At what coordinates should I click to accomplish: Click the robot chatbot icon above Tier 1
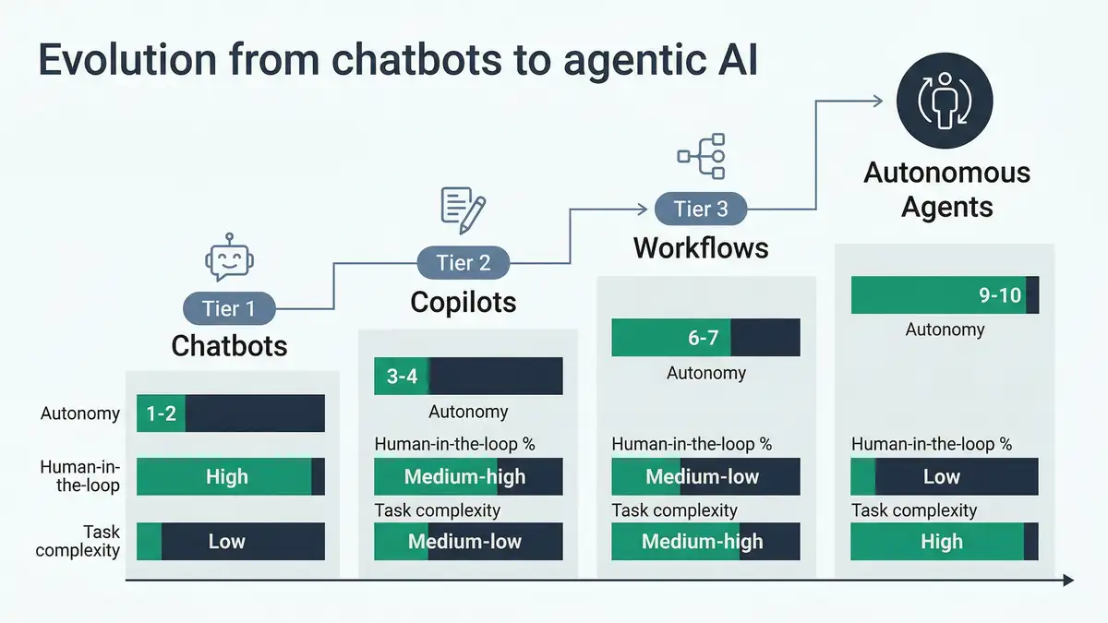pos(229,257)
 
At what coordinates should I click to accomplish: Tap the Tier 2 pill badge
pos(463,263)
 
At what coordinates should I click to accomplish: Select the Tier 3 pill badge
pos(700,209)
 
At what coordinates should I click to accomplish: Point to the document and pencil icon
pos(463,210)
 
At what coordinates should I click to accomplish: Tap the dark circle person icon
pos(945,100)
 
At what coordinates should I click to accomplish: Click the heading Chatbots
pos(229,346)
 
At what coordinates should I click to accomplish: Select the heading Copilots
pos(463,302)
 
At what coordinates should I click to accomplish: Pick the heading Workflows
pos(700,248)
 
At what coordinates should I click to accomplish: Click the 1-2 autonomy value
pos(161,413)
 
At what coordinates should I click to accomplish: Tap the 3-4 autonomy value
pos(402,377)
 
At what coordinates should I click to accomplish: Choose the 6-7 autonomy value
pos(703,338)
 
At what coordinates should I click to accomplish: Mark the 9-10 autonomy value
pos(1000,295)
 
